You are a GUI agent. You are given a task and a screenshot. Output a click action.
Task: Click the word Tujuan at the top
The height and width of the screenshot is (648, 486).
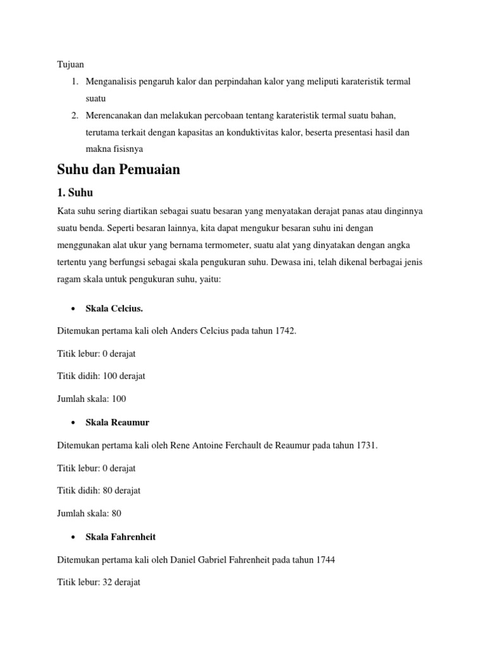tap(70, 65)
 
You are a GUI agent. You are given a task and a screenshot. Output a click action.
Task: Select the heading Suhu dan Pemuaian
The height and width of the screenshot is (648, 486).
tap(118, 170)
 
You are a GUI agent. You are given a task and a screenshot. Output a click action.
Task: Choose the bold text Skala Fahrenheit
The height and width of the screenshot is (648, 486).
tap(120, 537)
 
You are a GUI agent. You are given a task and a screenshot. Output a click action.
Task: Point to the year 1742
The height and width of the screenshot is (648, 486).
tap(285, 331)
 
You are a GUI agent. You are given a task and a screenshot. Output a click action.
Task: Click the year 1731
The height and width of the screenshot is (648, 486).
tap(367, 445)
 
